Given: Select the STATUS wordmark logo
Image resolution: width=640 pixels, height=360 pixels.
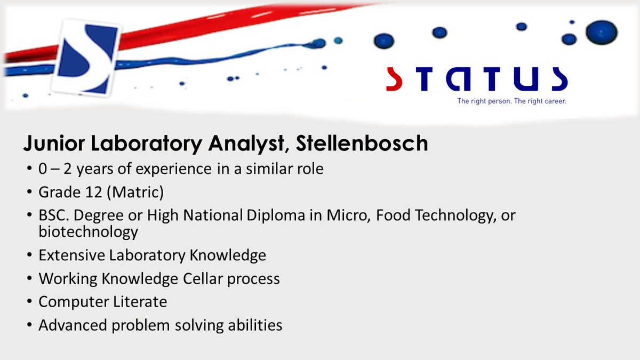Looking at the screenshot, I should [x=476, y=78].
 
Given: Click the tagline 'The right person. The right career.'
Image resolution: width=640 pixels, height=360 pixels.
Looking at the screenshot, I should [x=511, y=101].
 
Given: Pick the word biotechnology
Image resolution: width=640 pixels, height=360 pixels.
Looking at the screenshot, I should [x=88, y=233].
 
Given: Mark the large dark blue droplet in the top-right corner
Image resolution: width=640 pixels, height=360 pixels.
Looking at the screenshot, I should [x=601, y=32].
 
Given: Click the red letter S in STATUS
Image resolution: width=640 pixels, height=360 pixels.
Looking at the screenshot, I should [x=394, y=78].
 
